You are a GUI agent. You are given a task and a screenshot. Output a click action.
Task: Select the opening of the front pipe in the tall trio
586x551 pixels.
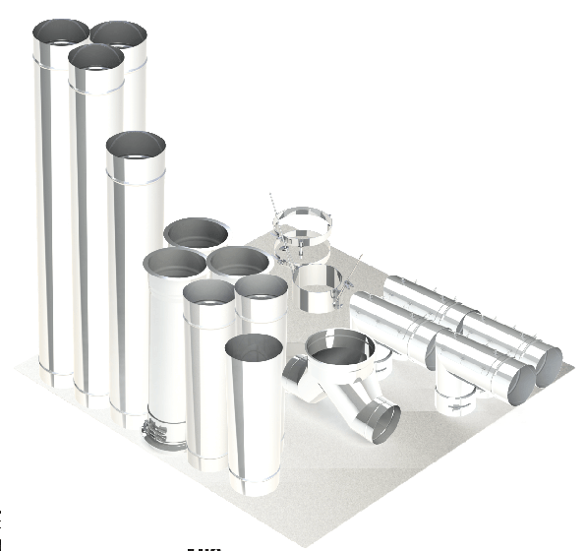(x=96, y=57)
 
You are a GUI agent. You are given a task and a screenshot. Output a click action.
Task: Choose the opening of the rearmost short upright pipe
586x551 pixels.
(x=198, y=232)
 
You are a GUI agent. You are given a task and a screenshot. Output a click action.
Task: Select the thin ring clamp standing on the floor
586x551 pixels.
(x=302, y=229)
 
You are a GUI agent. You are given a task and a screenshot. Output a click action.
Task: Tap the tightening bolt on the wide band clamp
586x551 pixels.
(x=347, y=277)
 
